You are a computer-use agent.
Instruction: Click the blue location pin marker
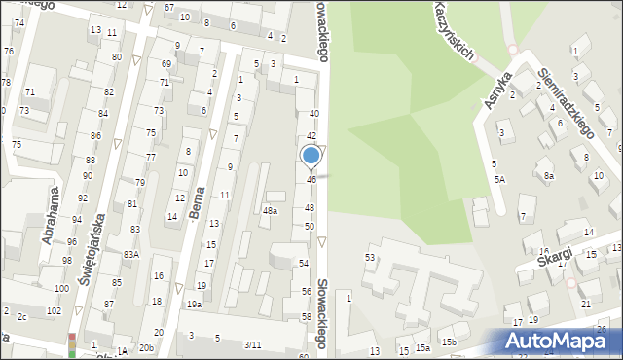[311, 156]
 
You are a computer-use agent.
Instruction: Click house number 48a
[270, 210]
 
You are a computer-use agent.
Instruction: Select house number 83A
[130, 254]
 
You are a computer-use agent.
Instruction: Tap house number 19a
[194, 305]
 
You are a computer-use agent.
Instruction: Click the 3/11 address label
[253, 344]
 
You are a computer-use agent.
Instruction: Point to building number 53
[370, 257]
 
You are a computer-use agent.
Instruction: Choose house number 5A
[499, 180]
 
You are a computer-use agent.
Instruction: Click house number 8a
[549, 175]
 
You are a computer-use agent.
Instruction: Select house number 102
[54, 310]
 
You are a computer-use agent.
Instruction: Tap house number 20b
[146, 347]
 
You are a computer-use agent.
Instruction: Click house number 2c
[20, 316]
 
